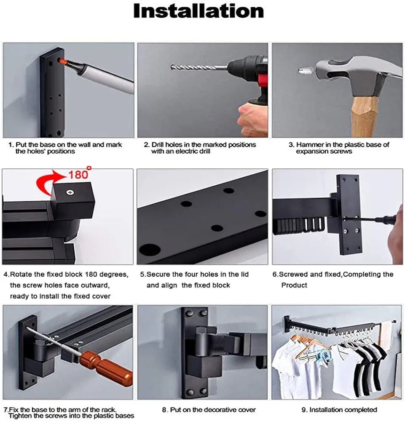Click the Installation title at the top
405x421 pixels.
click(x=198, y=11)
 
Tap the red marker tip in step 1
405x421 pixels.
click(x=62, y=61)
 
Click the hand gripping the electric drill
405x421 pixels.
click(x=252, y=120)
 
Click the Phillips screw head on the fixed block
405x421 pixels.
click(x=70, y=192)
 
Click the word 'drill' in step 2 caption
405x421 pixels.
click(x=204, y=151)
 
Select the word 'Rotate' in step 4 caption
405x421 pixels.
click(x=21, y=274)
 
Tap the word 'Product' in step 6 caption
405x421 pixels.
click(x=294, y=285)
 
